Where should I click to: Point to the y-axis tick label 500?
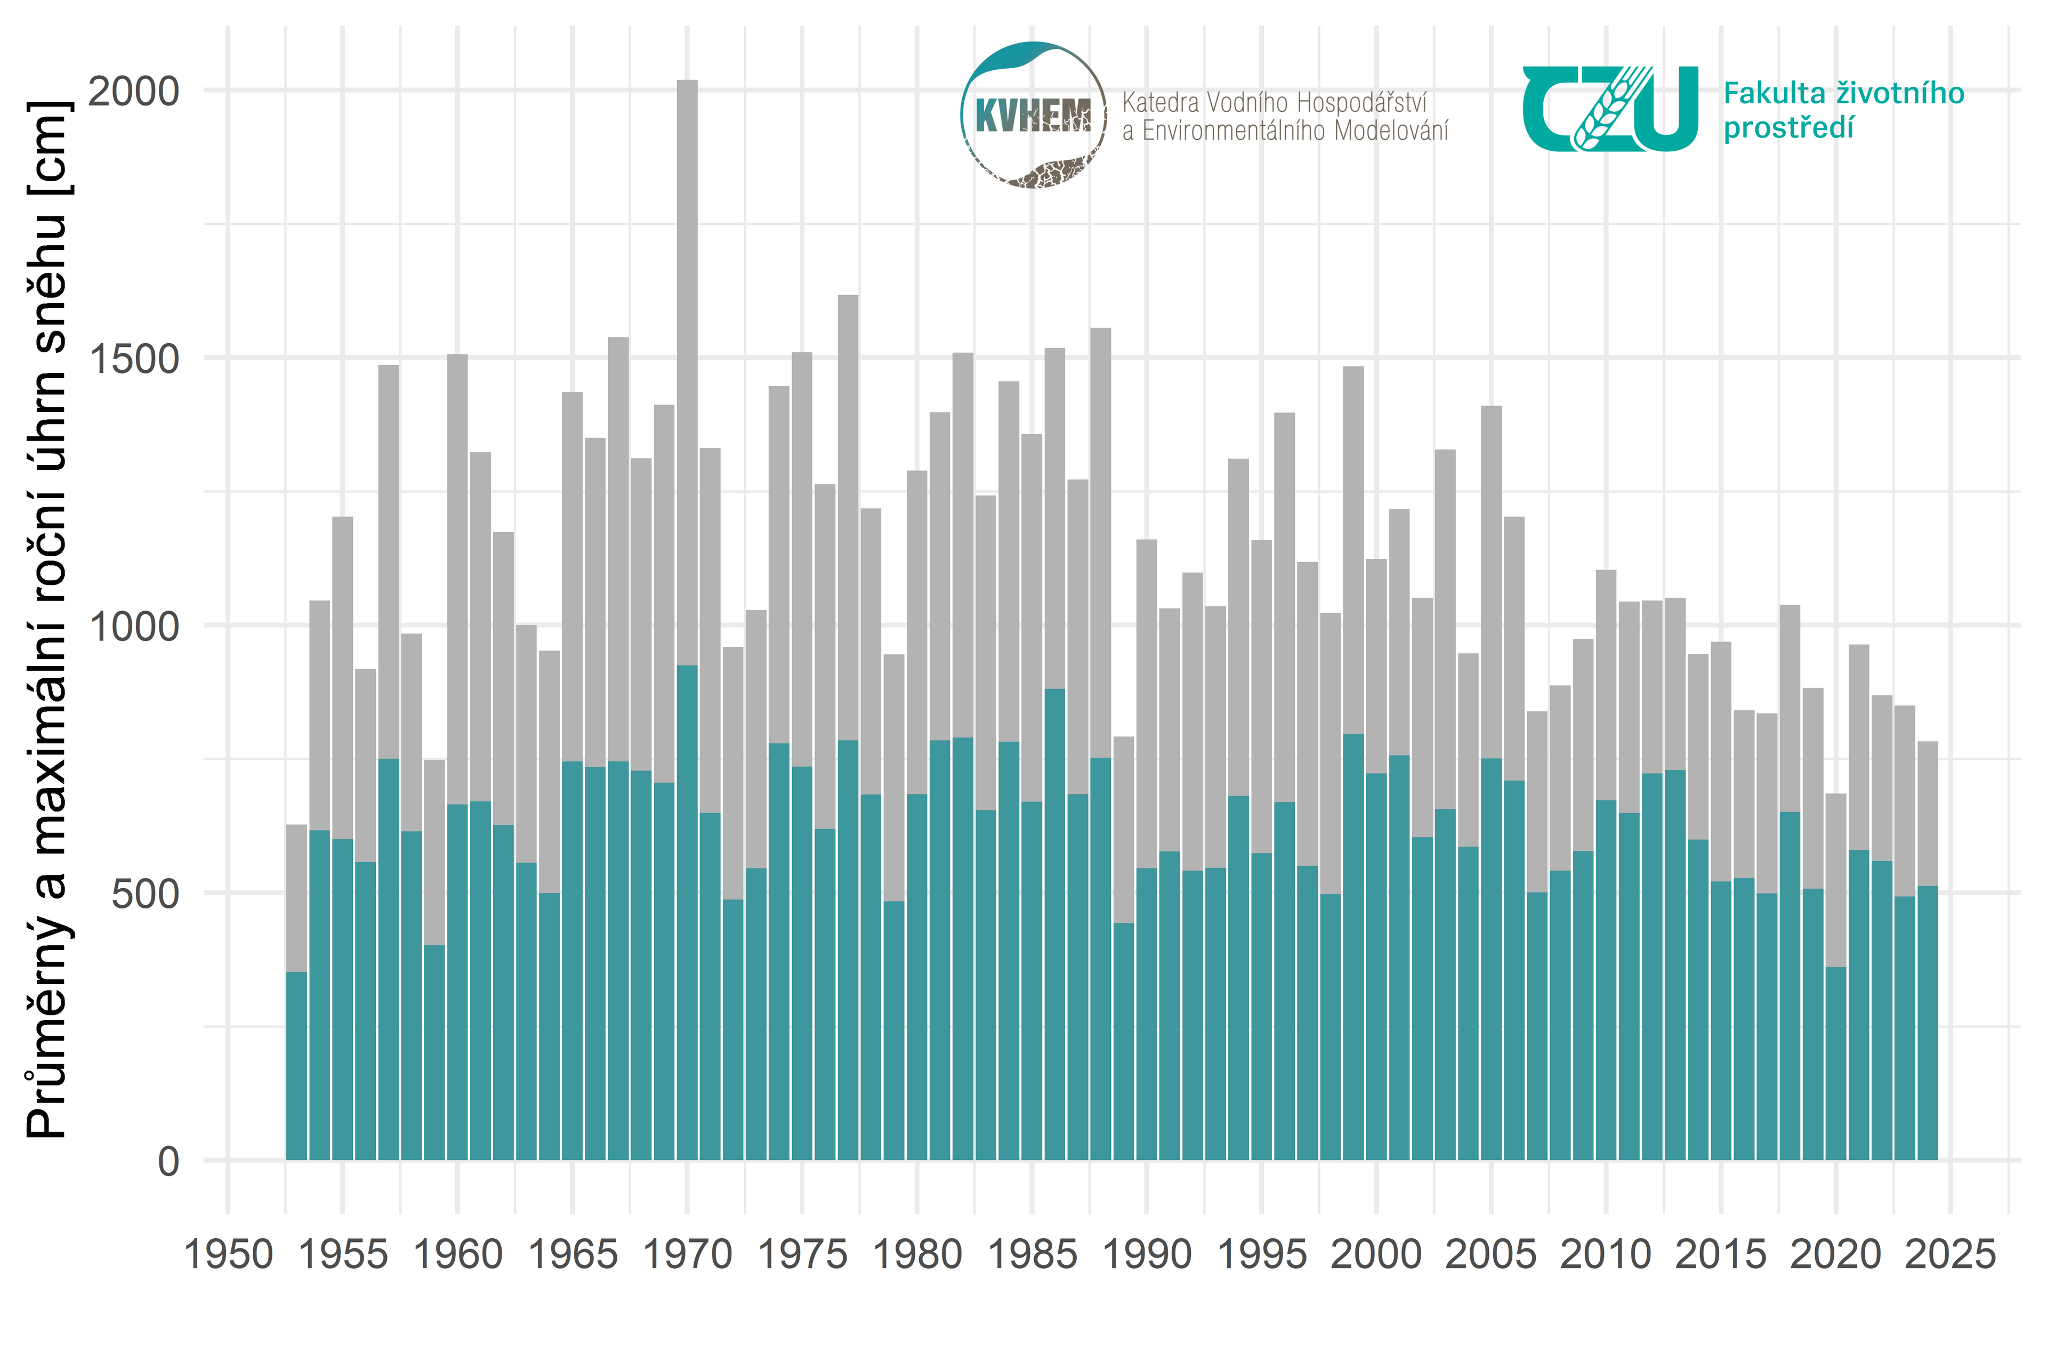pos(146,894)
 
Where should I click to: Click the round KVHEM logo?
pos(1033,115)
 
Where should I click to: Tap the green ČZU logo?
pos(1609,109)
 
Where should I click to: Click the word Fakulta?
pos(1767,93)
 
